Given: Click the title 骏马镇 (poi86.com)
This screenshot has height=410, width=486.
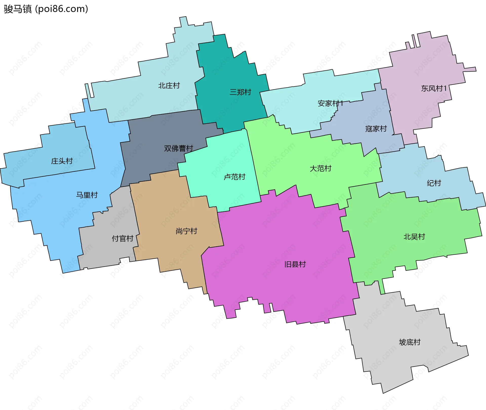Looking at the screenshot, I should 46,9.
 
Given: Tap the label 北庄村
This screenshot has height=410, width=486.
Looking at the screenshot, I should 169,86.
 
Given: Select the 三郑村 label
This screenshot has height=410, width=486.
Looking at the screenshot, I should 240,92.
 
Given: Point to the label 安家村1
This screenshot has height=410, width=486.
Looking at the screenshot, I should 330,103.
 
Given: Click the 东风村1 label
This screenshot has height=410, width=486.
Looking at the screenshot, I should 434,88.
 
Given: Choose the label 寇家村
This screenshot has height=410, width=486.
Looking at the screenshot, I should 376,129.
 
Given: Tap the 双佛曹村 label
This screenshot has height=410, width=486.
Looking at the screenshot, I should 178,148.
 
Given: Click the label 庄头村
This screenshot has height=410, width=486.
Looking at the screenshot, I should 62,161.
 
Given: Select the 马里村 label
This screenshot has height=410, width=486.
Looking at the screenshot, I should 87,195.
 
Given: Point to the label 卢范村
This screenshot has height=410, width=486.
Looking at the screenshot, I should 234,177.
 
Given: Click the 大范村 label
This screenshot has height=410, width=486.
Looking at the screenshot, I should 320,168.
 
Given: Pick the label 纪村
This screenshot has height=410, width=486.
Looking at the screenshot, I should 434,183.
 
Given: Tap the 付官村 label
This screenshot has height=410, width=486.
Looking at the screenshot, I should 123,238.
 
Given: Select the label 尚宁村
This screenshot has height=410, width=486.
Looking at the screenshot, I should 186,231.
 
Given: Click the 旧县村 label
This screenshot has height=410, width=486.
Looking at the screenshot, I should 295,264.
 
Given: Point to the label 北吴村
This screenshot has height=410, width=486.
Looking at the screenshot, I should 414,237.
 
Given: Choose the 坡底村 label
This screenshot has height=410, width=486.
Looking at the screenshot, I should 410,342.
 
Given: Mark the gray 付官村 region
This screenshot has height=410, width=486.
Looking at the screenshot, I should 106,251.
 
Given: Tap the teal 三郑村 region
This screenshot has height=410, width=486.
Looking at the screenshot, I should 228,71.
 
